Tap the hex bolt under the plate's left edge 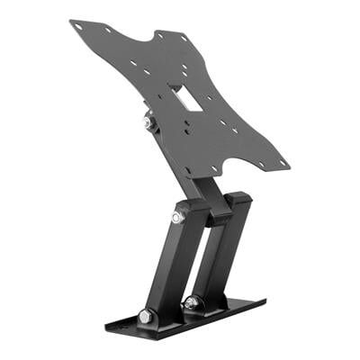click(x=148, y=122)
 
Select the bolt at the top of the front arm click(x=178, y=217)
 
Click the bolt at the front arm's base click(x=146, y=317)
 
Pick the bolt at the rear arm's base click(x=192, y=303)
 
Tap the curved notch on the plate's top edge click(x=130, y=40)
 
